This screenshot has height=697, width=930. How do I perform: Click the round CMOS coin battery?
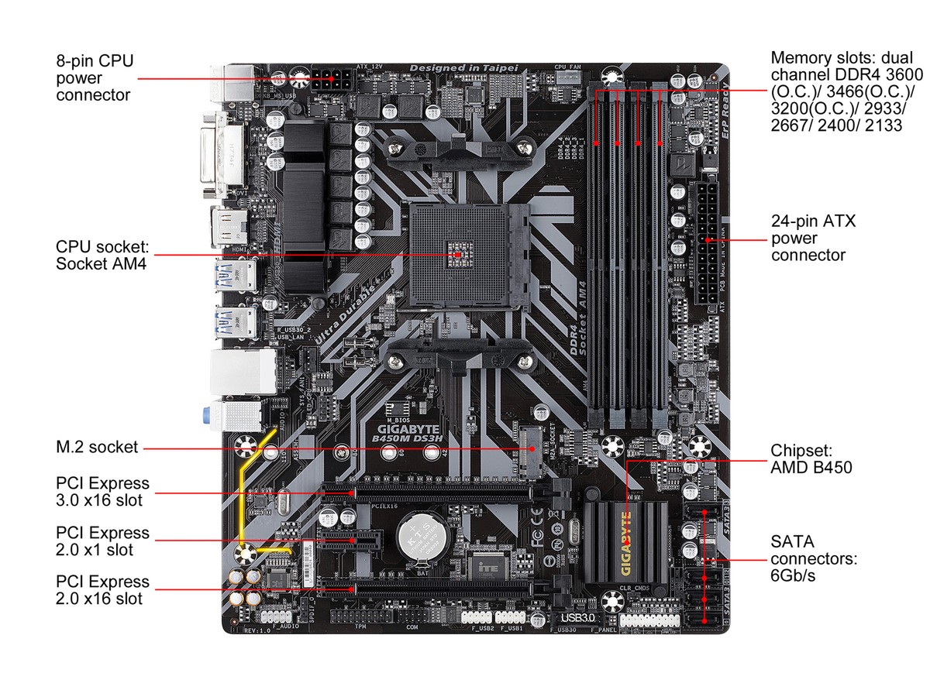click(x=420, y=534)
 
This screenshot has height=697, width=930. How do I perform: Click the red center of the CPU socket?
click(x=458, y=253)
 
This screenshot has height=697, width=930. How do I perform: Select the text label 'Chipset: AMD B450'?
click(x=811, y=459)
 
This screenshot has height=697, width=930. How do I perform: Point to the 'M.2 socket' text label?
click(x=96, y=447)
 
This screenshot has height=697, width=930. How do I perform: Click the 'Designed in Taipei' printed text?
click(x=463, y=68)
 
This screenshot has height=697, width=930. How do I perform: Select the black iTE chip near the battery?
click(x=487, y=567)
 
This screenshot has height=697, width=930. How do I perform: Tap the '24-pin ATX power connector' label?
click(x=813, y=238)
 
